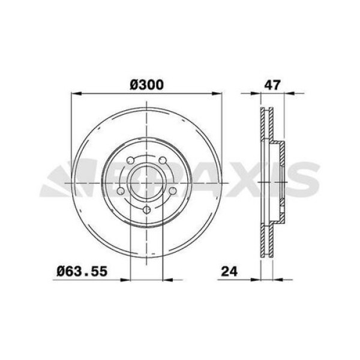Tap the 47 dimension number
coord(273,85)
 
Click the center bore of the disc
coord(147,182)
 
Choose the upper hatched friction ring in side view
coord(267,126)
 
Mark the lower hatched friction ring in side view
coord(267,237)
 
